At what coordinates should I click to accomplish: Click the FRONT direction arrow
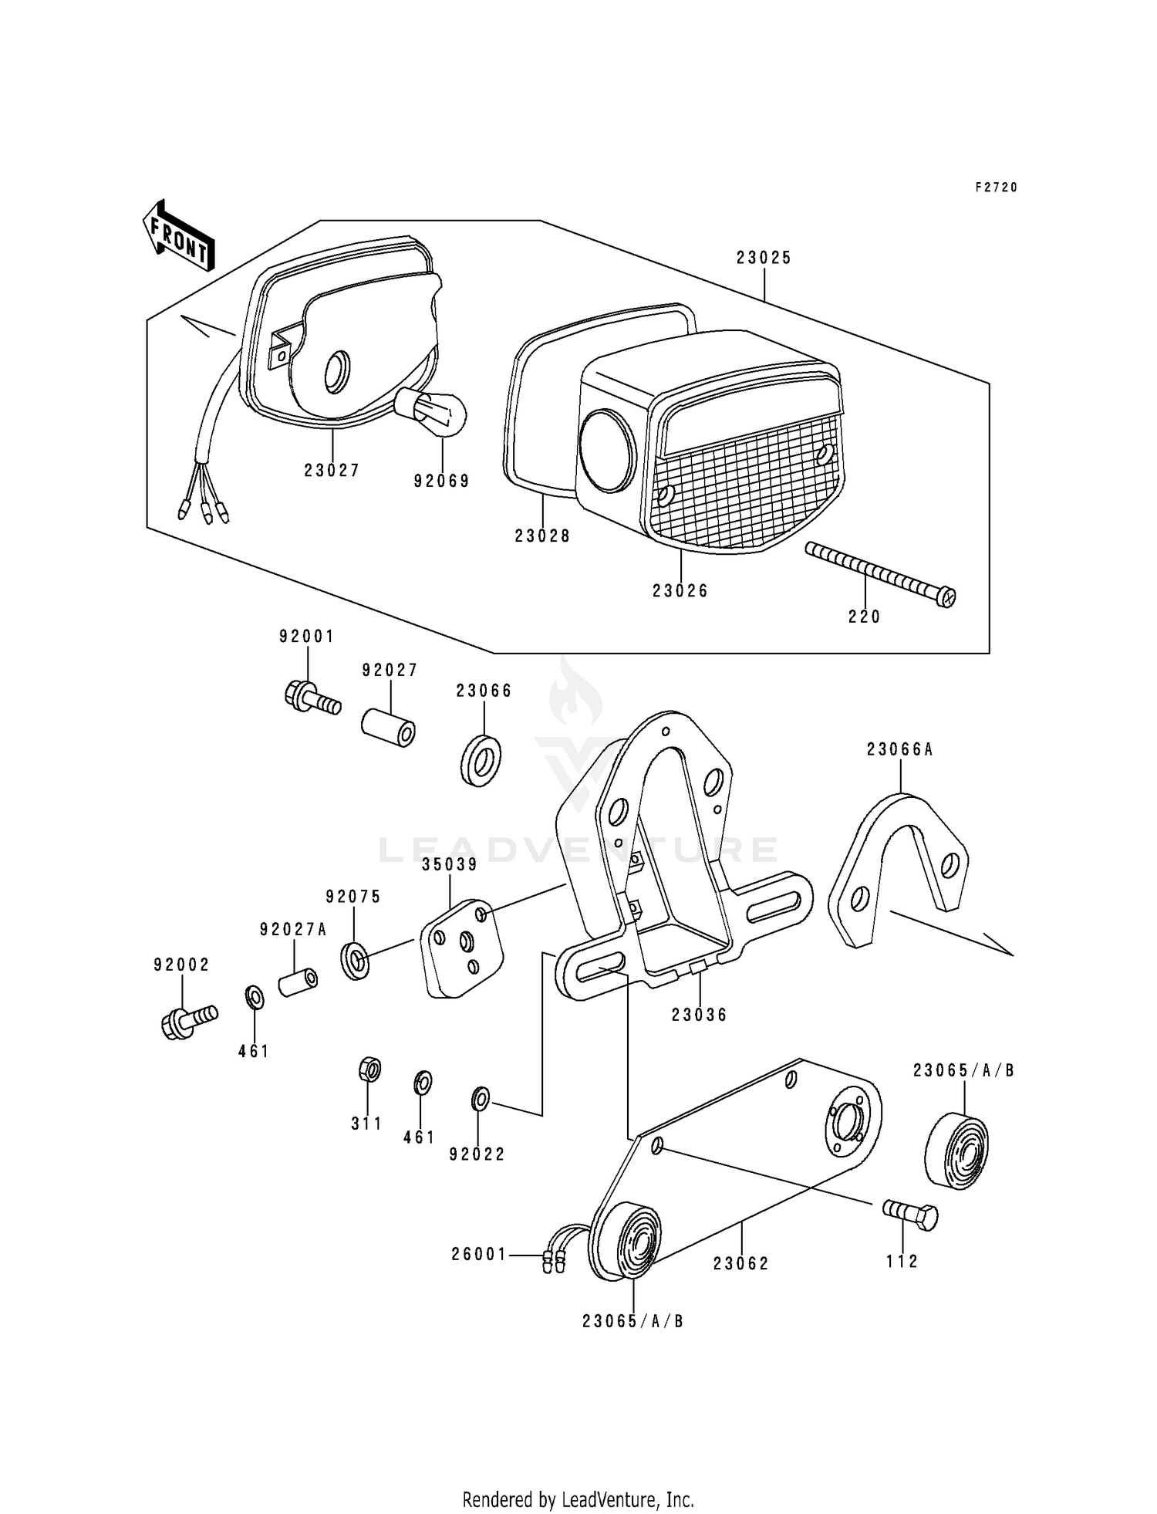coord(177,235)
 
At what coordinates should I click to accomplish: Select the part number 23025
coord(764,259)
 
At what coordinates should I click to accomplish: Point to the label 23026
coord(680,591)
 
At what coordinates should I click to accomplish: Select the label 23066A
coord(899,749)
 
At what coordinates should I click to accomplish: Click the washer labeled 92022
coord(480,1099)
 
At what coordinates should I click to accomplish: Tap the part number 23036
coord(699,1016)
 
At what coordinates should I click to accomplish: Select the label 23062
coord(741,1264)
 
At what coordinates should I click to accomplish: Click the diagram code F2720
coord(997,188)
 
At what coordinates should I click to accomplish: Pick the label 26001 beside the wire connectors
coord(479,1255)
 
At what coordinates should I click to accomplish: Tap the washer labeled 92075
coord(355,960)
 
